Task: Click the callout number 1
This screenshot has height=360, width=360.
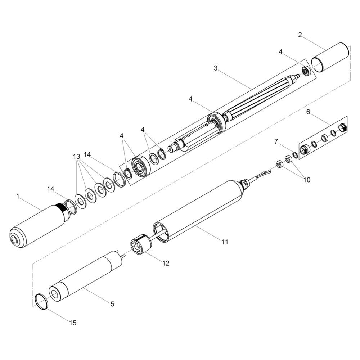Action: (18, 197)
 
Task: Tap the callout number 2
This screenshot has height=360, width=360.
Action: (300, 35)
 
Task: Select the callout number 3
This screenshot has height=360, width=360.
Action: (215, 68)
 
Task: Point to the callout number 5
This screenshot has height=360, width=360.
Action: (112, 304)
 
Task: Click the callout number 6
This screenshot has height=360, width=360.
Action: (308, 112)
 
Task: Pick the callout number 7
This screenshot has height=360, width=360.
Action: (276, 141)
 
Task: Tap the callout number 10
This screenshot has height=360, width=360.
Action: (307, 180)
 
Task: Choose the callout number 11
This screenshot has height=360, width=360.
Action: (225, 242)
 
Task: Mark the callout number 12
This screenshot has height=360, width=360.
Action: (166, 263)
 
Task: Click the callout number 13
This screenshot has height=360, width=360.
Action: (76, 157)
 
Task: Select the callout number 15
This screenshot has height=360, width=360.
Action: (73, 323)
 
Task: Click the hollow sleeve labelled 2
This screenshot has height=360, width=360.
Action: (330, 57)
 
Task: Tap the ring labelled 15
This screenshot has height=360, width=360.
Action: (41, 301)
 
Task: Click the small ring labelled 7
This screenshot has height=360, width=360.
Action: (295, 155)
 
